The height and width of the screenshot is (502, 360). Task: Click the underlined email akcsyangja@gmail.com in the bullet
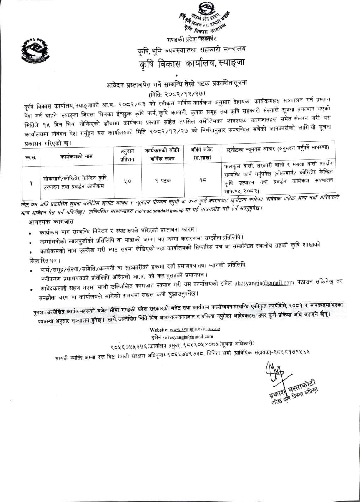tap(264, 283)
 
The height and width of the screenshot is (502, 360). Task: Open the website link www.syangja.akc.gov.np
tap(195, 329)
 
